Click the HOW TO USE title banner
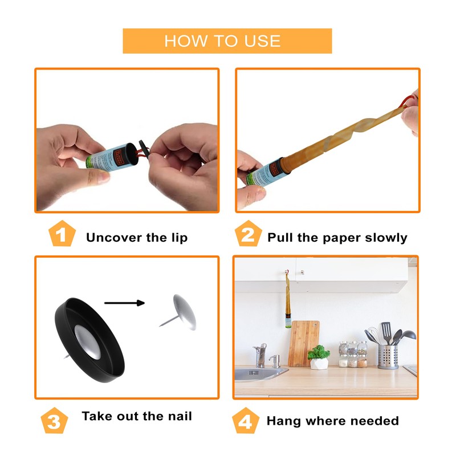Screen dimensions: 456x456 click(x=227, y=41)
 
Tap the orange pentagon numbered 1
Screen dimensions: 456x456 click(x=62, y=235)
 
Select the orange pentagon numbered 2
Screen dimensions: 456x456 click(x=247, y=235)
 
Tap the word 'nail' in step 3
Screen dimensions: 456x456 click(x=178, y=416)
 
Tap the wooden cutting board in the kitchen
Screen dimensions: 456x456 click(x=303, y=343)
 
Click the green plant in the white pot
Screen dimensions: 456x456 click(x=319, y=353)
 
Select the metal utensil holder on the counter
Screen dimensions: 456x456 click(x=388, y=357)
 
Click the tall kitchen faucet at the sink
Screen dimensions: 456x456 click(x=260, y=353)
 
